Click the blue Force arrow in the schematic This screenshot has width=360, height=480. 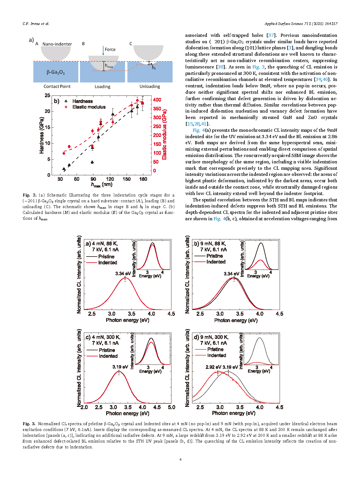click(103, 50)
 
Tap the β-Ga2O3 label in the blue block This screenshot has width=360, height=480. click(55, 72)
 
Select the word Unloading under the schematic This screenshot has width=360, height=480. click(150, 86)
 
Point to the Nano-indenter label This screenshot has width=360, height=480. click(57, 44)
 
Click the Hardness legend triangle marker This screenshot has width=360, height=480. click(66, 101)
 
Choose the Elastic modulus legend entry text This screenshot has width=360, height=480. click(89, 107)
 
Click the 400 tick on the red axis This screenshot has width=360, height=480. click(157, 100)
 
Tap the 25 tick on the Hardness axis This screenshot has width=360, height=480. click(48, 95)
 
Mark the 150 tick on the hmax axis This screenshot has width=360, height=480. click(126, 179)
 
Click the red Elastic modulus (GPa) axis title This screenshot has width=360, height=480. click(164, 134)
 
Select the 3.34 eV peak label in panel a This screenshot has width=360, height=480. click(123, 273)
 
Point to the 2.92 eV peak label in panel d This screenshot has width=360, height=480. click(213, 367)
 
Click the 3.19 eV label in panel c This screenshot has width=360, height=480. click(120, 367)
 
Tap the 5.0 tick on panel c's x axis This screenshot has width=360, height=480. click(171, 407)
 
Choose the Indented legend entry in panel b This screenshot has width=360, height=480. click(216, 262)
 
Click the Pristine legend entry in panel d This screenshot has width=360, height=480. click(215, 349)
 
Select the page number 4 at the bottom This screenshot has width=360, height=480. click(180, 459)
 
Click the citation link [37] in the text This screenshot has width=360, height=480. click(271, 35)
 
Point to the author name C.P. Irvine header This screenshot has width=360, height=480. click(36, 24)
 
